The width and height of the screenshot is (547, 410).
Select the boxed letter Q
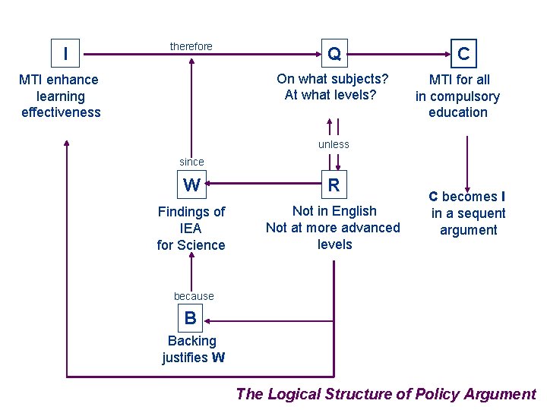[x=334, y=53]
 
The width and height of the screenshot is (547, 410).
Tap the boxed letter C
[x=463, y=53]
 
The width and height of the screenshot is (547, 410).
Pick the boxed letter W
[x=191, y=184]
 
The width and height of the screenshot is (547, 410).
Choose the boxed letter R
[x=334, y=184]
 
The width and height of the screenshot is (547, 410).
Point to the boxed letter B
[x=190, y=317]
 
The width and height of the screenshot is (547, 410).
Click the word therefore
[x=191, y=46]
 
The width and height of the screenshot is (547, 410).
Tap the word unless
[x=334, y=144]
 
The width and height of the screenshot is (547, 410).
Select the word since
[x=191, y=161]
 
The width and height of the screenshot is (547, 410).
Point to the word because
[x=194, y=296]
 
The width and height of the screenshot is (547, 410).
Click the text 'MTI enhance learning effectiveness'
[x=60, y=96]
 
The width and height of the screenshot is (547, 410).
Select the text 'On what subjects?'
[x=332, y=79]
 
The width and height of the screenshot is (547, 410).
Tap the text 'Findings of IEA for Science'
[x=191, y=228]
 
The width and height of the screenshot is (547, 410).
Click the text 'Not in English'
[x=334, y=211]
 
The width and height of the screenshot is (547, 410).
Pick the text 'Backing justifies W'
[x=193, y=349]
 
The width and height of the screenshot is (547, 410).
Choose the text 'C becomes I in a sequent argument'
[x=468, y=213]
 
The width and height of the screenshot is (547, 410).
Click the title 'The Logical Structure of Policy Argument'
[x=386, y=393]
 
